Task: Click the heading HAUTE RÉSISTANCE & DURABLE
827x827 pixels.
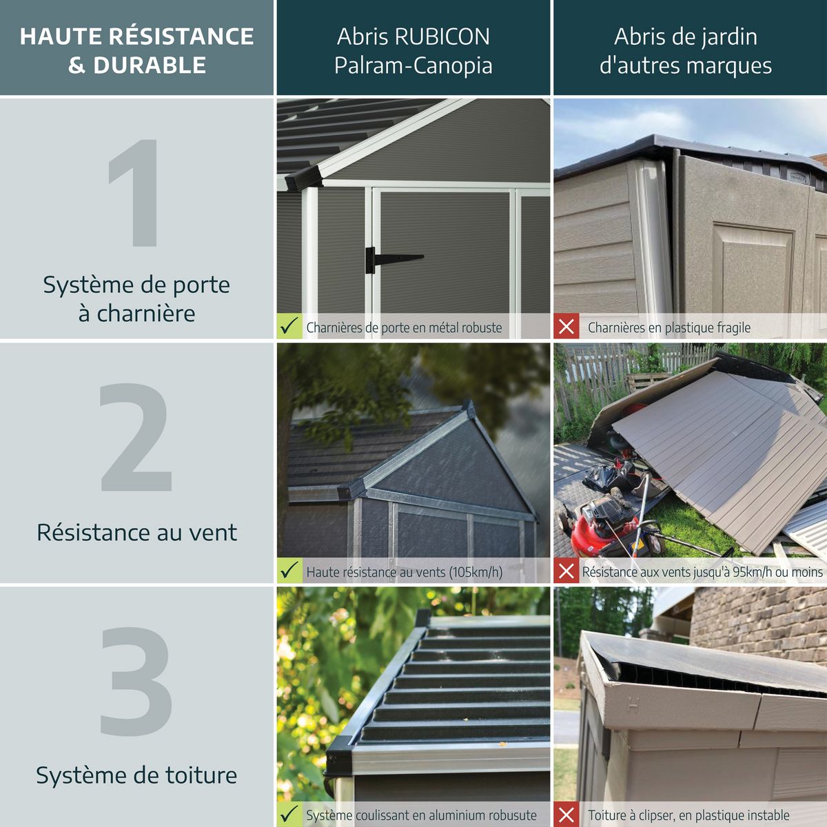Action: click(136, 50)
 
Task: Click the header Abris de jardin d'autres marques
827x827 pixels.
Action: click(686, 50)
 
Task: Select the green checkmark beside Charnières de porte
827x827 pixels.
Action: click(289, 326)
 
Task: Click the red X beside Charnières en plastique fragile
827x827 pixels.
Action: click(566, 326)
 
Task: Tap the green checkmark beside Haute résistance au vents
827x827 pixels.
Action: click(289, 571)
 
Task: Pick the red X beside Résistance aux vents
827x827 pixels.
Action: click(566, 571)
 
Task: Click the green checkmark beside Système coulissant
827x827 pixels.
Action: click(289, 814)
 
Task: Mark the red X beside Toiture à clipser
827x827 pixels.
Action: click(566, 815)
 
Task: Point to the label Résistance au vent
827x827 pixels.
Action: click(136, 532)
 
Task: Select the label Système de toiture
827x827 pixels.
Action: click(136, 775)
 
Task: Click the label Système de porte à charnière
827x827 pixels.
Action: click(136, 298)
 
